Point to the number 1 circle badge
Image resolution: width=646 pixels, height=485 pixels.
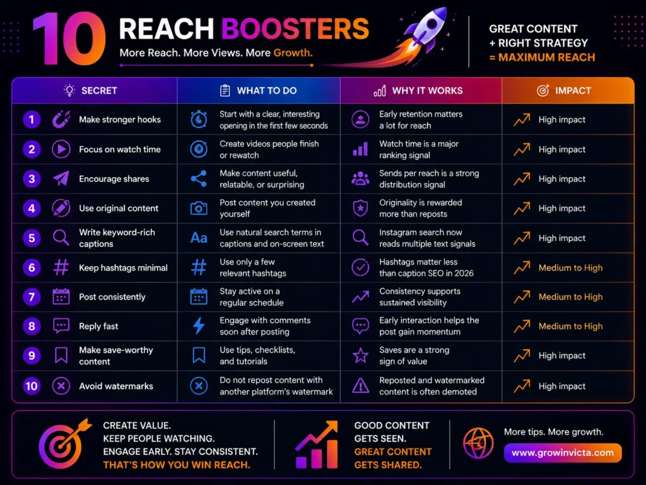click(32, 119)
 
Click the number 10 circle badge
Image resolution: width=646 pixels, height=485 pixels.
click(32, 386)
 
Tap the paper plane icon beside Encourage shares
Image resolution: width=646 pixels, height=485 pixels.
click(61, 179)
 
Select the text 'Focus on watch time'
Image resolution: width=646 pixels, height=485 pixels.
click(120, 149)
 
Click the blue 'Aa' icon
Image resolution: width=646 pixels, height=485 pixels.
click(199, 237)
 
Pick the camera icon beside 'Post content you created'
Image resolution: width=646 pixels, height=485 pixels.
click(199, 208)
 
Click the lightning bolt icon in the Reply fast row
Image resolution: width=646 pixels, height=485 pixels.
click(199, 326)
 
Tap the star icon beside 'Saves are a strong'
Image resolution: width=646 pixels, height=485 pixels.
click(360, 356)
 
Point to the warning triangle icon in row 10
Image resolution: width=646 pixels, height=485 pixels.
click(360, 386)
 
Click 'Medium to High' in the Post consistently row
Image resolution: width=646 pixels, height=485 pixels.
click(570, 297)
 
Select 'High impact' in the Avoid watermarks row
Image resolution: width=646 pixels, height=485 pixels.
click(562, 386)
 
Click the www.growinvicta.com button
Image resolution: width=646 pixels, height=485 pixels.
click(563, 453)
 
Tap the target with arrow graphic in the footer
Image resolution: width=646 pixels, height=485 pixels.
click(64, 445)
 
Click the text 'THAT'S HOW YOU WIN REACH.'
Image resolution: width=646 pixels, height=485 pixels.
click(177, 465)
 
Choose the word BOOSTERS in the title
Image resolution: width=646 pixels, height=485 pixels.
click(295, 29)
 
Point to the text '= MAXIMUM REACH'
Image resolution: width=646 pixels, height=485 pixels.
click(542, 57)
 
